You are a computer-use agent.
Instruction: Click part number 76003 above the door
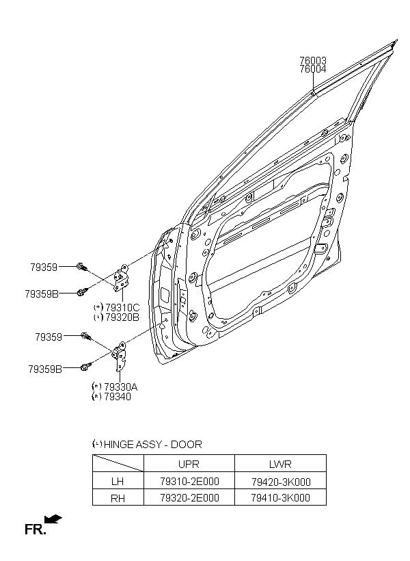tap(313, 60)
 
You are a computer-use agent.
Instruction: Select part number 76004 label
tap(313, 69)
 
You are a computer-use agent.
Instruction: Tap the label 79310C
tap(122, 308)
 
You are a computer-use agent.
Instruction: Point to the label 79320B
tap(122, 317)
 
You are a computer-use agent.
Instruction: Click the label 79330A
tap(120, 387)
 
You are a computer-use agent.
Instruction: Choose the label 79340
tap(118, 396)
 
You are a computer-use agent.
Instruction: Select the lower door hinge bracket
tap(120, 356)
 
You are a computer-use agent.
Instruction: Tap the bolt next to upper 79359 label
tap(82, 267)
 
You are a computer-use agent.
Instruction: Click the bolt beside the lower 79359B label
tap(86, 367)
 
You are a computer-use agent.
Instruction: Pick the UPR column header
tap(189, 464)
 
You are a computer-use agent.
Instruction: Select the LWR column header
tap(280, 464)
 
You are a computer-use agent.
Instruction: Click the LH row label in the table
tap(118, 481)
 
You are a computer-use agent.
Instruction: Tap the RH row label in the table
tap(118, 498)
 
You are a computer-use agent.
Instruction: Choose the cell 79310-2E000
tap(189, 481)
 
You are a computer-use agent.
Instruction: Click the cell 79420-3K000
tap(281, 482)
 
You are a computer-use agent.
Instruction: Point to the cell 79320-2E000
tap(189, 497)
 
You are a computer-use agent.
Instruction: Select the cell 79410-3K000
tap(281, 497)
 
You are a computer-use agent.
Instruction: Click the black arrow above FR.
tap(53, 519)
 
